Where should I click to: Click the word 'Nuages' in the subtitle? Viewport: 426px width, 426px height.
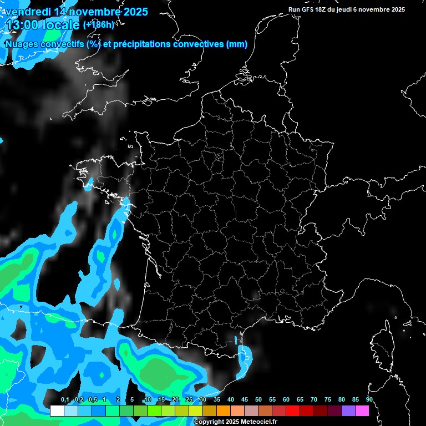point(22,44)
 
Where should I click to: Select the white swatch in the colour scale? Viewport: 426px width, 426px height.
point(57,411)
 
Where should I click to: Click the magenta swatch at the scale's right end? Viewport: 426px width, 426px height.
point(362,411)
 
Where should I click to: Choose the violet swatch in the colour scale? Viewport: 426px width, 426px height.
point(348,411)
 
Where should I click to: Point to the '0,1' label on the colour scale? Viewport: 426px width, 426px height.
point(65,400)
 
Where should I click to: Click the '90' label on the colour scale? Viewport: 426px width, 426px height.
point(369,400)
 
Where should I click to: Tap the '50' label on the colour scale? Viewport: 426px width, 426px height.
point(258,400)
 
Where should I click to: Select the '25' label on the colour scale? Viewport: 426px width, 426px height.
point(189,400)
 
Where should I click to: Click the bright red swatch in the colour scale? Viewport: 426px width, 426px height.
point(293,411)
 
